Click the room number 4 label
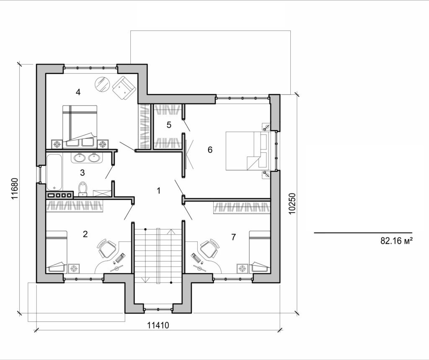(78, 92)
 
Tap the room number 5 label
(169, 125)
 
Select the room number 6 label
(210, 149)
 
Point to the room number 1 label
(158, 191)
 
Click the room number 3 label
(83, 172)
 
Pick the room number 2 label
(85, 234)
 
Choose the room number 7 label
(233, 237)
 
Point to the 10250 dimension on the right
(292, 204)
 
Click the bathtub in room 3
(54, 172)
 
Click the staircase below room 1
(158, 255)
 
